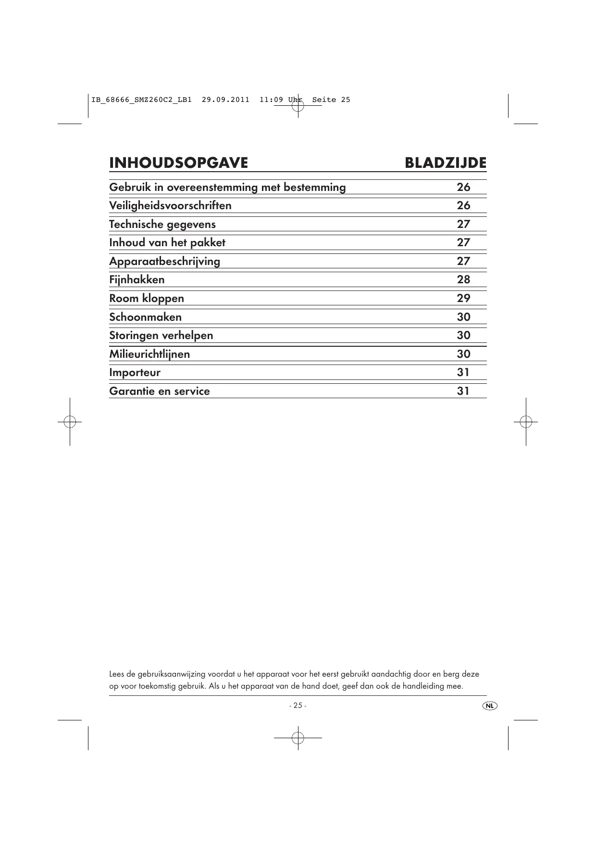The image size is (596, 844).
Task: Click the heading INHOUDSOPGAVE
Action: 178,163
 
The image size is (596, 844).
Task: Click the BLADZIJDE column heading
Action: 445,163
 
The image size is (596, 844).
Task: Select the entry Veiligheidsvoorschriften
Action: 170,206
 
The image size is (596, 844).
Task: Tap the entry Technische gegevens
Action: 162,225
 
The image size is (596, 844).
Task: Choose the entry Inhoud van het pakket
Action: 167,243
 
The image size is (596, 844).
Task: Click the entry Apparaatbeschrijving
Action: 164,262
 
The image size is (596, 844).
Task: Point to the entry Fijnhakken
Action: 137,280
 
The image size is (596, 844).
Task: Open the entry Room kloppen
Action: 147,299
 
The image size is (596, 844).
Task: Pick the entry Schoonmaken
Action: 145,317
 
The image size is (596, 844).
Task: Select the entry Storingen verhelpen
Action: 161,336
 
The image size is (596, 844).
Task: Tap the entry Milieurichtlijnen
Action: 149,354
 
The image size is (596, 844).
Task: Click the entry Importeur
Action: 135,373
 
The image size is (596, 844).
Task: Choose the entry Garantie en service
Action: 160,391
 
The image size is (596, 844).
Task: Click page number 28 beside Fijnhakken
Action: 463,280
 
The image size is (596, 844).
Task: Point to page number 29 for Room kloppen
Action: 463,299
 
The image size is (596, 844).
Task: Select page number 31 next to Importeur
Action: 463,373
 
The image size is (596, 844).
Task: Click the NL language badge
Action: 490,705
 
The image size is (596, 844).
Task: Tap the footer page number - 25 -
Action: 298,705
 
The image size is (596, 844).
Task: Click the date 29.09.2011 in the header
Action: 225,100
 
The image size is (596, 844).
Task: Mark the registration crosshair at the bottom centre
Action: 298,738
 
